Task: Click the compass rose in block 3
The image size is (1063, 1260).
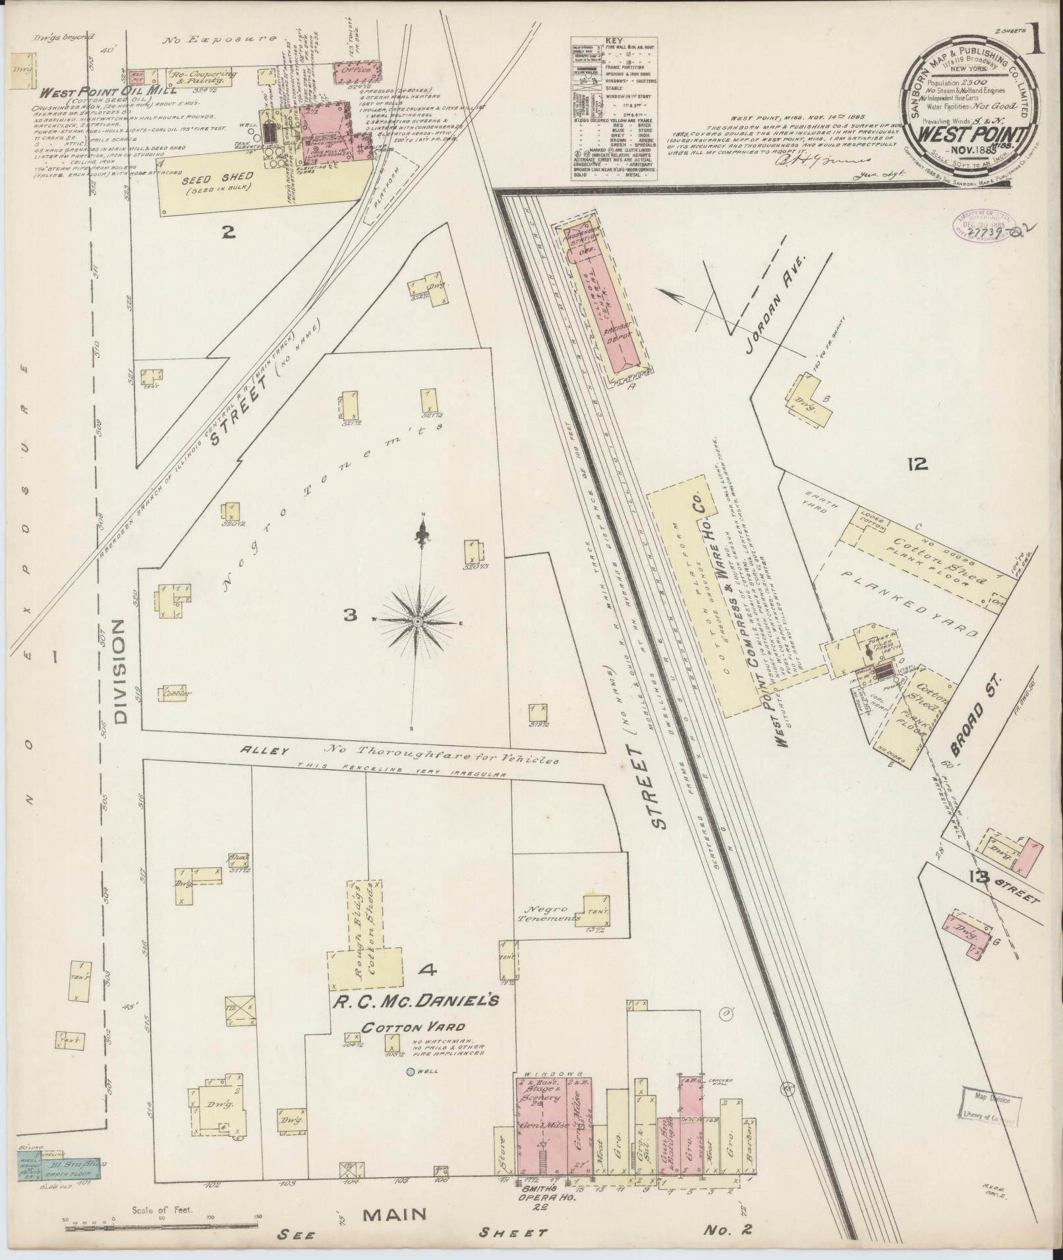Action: point(418,621)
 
